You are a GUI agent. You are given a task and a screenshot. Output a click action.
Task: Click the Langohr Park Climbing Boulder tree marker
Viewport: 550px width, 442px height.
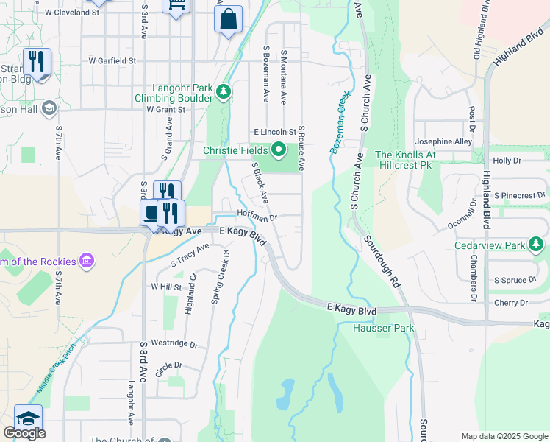(x=224, y=92)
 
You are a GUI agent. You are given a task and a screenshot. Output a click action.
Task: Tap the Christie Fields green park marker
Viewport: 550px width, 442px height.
(x=279, y=151)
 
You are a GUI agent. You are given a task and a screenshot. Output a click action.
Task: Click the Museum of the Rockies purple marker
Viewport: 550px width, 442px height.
(x=87, y=260)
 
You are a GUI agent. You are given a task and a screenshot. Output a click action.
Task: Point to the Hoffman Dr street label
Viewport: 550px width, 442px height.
(x=257, y=217)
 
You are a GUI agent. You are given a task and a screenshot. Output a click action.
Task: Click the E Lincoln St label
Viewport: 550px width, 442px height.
(x=274, y=131)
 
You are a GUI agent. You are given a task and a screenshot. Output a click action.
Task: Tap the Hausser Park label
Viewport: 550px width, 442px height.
(x=383, y=329)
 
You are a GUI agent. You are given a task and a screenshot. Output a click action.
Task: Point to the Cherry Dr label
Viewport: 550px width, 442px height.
(x=512, y=303)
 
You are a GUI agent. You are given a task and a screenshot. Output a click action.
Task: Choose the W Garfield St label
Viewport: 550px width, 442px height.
(x=113, y=60)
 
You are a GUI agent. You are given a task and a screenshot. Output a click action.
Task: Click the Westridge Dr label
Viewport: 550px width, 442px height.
(x=174, y=344)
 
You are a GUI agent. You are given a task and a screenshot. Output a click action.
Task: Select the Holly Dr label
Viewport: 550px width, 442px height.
(x=507, y=160)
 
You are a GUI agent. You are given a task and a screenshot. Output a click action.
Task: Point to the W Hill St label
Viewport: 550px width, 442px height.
(x=165, y=286)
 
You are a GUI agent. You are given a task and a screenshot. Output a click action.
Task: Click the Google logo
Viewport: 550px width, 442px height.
(x=24, y=433)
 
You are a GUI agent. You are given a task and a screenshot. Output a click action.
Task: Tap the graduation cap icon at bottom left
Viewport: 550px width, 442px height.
(x=27, y=418)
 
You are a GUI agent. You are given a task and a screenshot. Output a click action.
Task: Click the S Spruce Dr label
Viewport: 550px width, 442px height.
(x=516, y=281)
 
